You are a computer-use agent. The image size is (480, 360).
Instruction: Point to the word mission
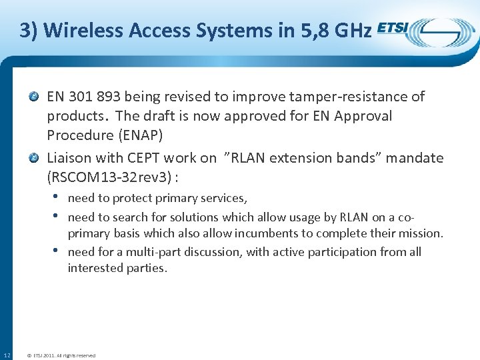coord(419,233)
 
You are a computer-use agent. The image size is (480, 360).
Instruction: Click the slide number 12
coord(7,355)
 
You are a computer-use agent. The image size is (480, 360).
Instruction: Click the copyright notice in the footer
coord(61,355)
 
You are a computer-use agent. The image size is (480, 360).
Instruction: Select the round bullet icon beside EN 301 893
coord(36,97)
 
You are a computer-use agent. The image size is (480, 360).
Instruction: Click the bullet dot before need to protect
coord(57,197)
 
